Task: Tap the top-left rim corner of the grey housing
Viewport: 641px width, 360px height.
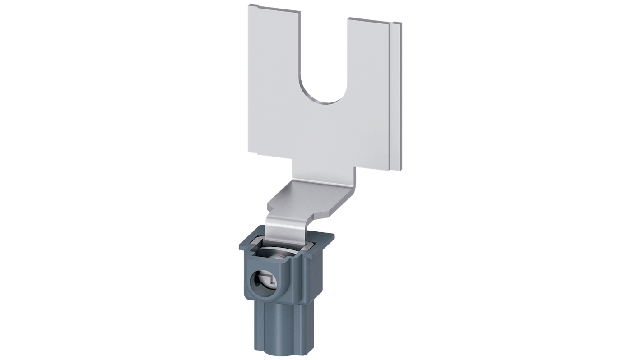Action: click(239, 245)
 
